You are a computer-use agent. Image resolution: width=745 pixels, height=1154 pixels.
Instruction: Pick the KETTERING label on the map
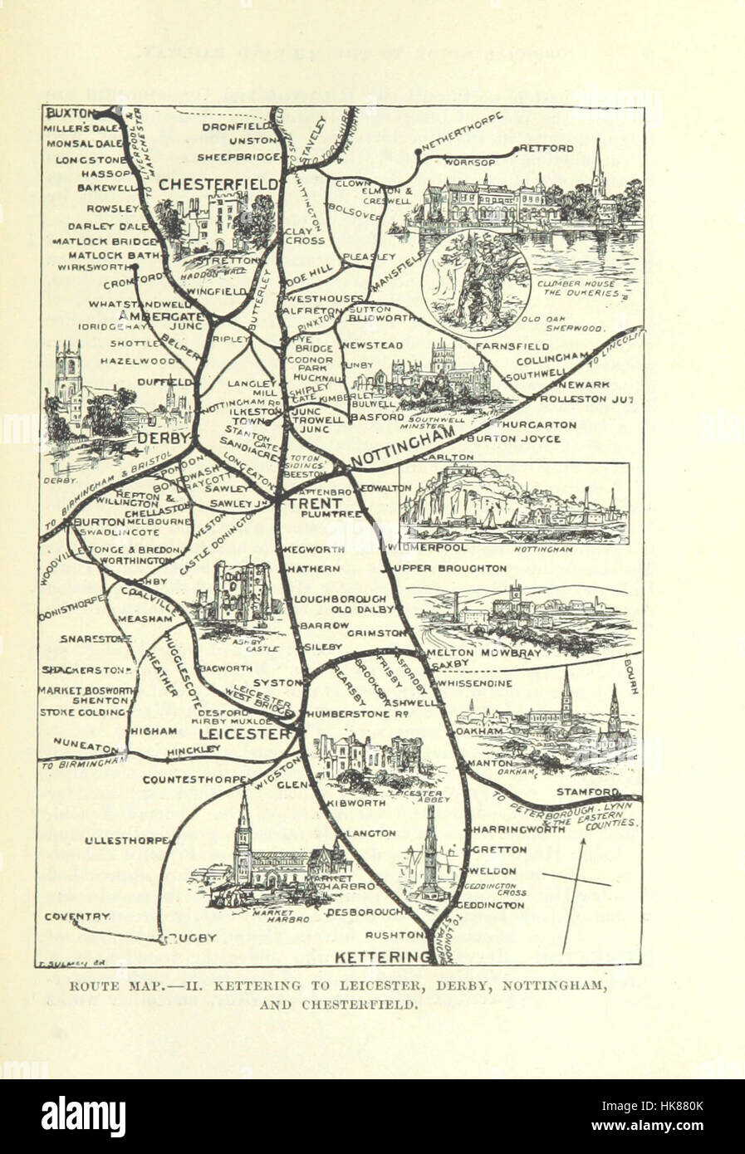tap(383, 958)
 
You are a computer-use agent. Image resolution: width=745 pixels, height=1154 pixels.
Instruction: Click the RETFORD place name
tap(547, 149)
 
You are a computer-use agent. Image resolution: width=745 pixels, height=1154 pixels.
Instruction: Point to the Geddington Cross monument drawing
tap(431, 855)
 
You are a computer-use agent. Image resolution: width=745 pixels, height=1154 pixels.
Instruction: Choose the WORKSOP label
tap(463, 163)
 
